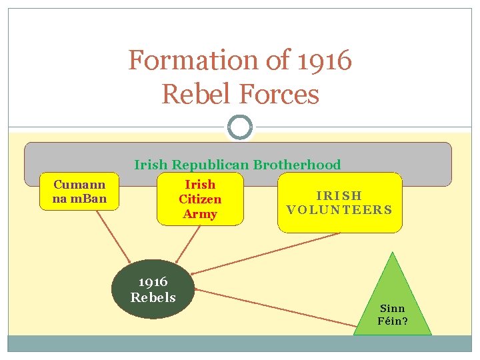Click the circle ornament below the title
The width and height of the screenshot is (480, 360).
coord(240,127)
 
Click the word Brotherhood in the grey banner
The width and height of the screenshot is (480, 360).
coord(297,165)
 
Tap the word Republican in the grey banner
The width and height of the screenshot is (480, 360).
coord(210,165)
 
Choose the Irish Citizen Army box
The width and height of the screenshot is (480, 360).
coord(199,199)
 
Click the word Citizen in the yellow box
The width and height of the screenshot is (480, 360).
coord(199,199)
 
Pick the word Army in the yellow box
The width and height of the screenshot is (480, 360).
coord(199,214)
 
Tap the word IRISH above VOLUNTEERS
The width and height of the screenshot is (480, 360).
coord(339,195)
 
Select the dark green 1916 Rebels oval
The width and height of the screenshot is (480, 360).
coord(153,289)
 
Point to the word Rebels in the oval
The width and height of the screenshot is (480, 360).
coord(153,297)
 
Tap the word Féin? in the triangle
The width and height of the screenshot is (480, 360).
coord(393,321)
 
